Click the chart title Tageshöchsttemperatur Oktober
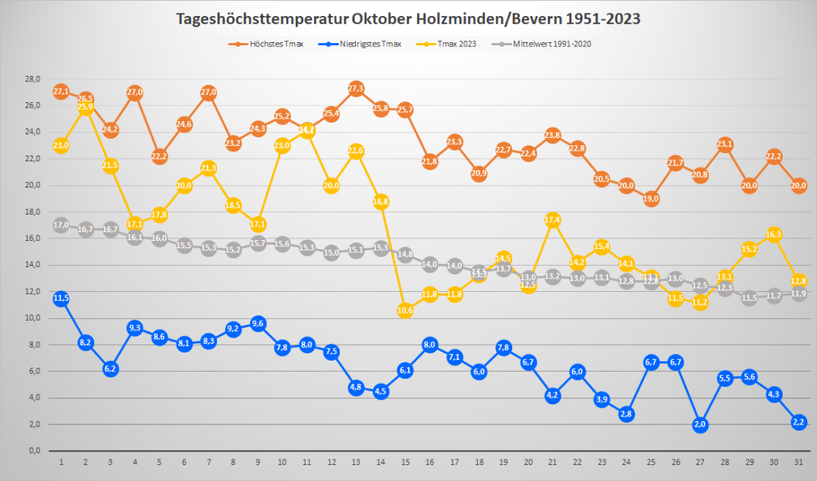(408, 18)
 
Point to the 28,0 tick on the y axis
(33, 80)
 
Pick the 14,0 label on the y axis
(33, 265)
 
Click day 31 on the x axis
(798, 462)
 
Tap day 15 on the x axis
(405, 462)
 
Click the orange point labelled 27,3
(356, 89)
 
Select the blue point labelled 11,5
(61, 298)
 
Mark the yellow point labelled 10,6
(405, 310)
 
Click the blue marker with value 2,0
(700, 424)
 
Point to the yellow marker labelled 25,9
(86, 108)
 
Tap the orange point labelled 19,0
(651, 199)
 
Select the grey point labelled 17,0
(61, 225)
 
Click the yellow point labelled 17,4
(552, 220)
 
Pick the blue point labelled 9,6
(258, 323)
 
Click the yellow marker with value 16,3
(773, 235)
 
